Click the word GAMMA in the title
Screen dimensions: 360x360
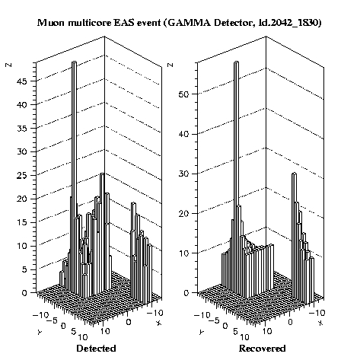point(189,23)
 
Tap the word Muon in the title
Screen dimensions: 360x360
point(52,23)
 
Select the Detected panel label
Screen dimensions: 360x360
point(96,348)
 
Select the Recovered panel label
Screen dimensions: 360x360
point(262,348)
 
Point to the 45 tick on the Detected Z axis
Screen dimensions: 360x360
point(22,81)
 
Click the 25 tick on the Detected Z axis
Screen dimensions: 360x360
point(22,176)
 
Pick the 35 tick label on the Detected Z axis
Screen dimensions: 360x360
point(22,129)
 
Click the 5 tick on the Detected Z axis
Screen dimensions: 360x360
point(24,269)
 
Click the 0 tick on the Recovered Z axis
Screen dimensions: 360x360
point(186,293)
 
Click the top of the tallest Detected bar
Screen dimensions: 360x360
point(74,62)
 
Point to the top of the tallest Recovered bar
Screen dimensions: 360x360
point(237,62)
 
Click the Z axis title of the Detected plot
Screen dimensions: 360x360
point(9,65)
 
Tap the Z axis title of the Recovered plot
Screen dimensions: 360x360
point(170,65)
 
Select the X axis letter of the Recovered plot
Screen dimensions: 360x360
point(320,323)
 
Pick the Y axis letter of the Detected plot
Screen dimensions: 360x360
point(40,332)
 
